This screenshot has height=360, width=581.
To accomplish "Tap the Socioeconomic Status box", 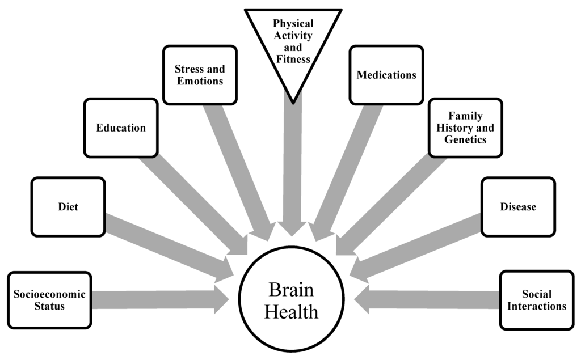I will pos(49,300).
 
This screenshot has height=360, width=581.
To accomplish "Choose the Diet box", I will pos(68,207).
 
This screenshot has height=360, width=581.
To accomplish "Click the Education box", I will pos(120,128).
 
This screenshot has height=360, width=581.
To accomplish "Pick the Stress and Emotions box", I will pos(200,75).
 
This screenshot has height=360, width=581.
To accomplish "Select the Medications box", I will pos(386,75).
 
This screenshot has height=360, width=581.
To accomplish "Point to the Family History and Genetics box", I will pos(465,128).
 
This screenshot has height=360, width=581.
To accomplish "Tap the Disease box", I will pos(517,207).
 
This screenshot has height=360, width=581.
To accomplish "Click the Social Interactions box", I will pos(537,300).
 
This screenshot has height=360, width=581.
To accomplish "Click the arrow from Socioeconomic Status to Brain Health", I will pos(159,300).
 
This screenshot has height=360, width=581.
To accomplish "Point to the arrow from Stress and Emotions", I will pos(238,170).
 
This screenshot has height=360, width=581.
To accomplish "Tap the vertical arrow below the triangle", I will pos(292,170).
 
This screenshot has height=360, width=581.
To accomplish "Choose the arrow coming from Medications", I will pos(343,170).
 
